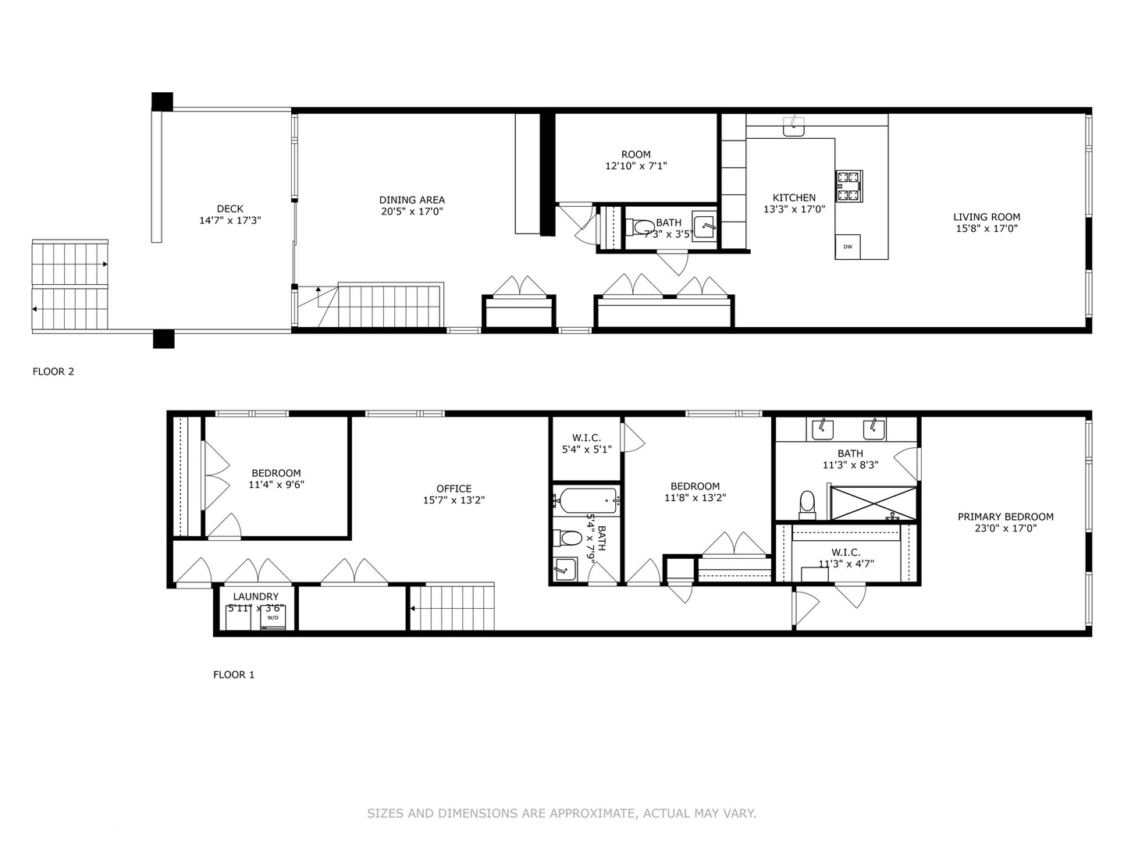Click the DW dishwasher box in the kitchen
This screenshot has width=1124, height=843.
[848, 247]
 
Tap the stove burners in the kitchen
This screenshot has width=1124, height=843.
[848, 186]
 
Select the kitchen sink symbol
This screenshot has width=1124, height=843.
[794, 126]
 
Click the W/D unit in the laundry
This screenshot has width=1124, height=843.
[273, 617]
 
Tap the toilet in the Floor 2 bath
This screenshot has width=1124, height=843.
[642, 228]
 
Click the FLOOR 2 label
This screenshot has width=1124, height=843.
[53, 372]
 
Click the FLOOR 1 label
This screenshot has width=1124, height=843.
[233, 674]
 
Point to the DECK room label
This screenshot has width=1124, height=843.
[229, 208]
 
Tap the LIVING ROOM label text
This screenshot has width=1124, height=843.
[987, 217]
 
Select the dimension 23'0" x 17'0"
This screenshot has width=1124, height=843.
[1005, 528]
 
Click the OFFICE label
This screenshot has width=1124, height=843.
[454, 489]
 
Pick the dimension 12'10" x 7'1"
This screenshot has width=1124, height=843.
[635, 166]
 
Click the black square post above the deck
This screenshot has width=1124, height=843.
[162, 101]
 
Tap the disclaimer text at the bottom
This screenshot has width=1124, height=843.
[561, 813]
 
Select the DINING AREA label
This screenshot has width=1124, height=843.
[411, 200]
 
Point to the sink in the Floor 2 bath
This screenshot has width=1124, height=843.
[704, 228]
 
